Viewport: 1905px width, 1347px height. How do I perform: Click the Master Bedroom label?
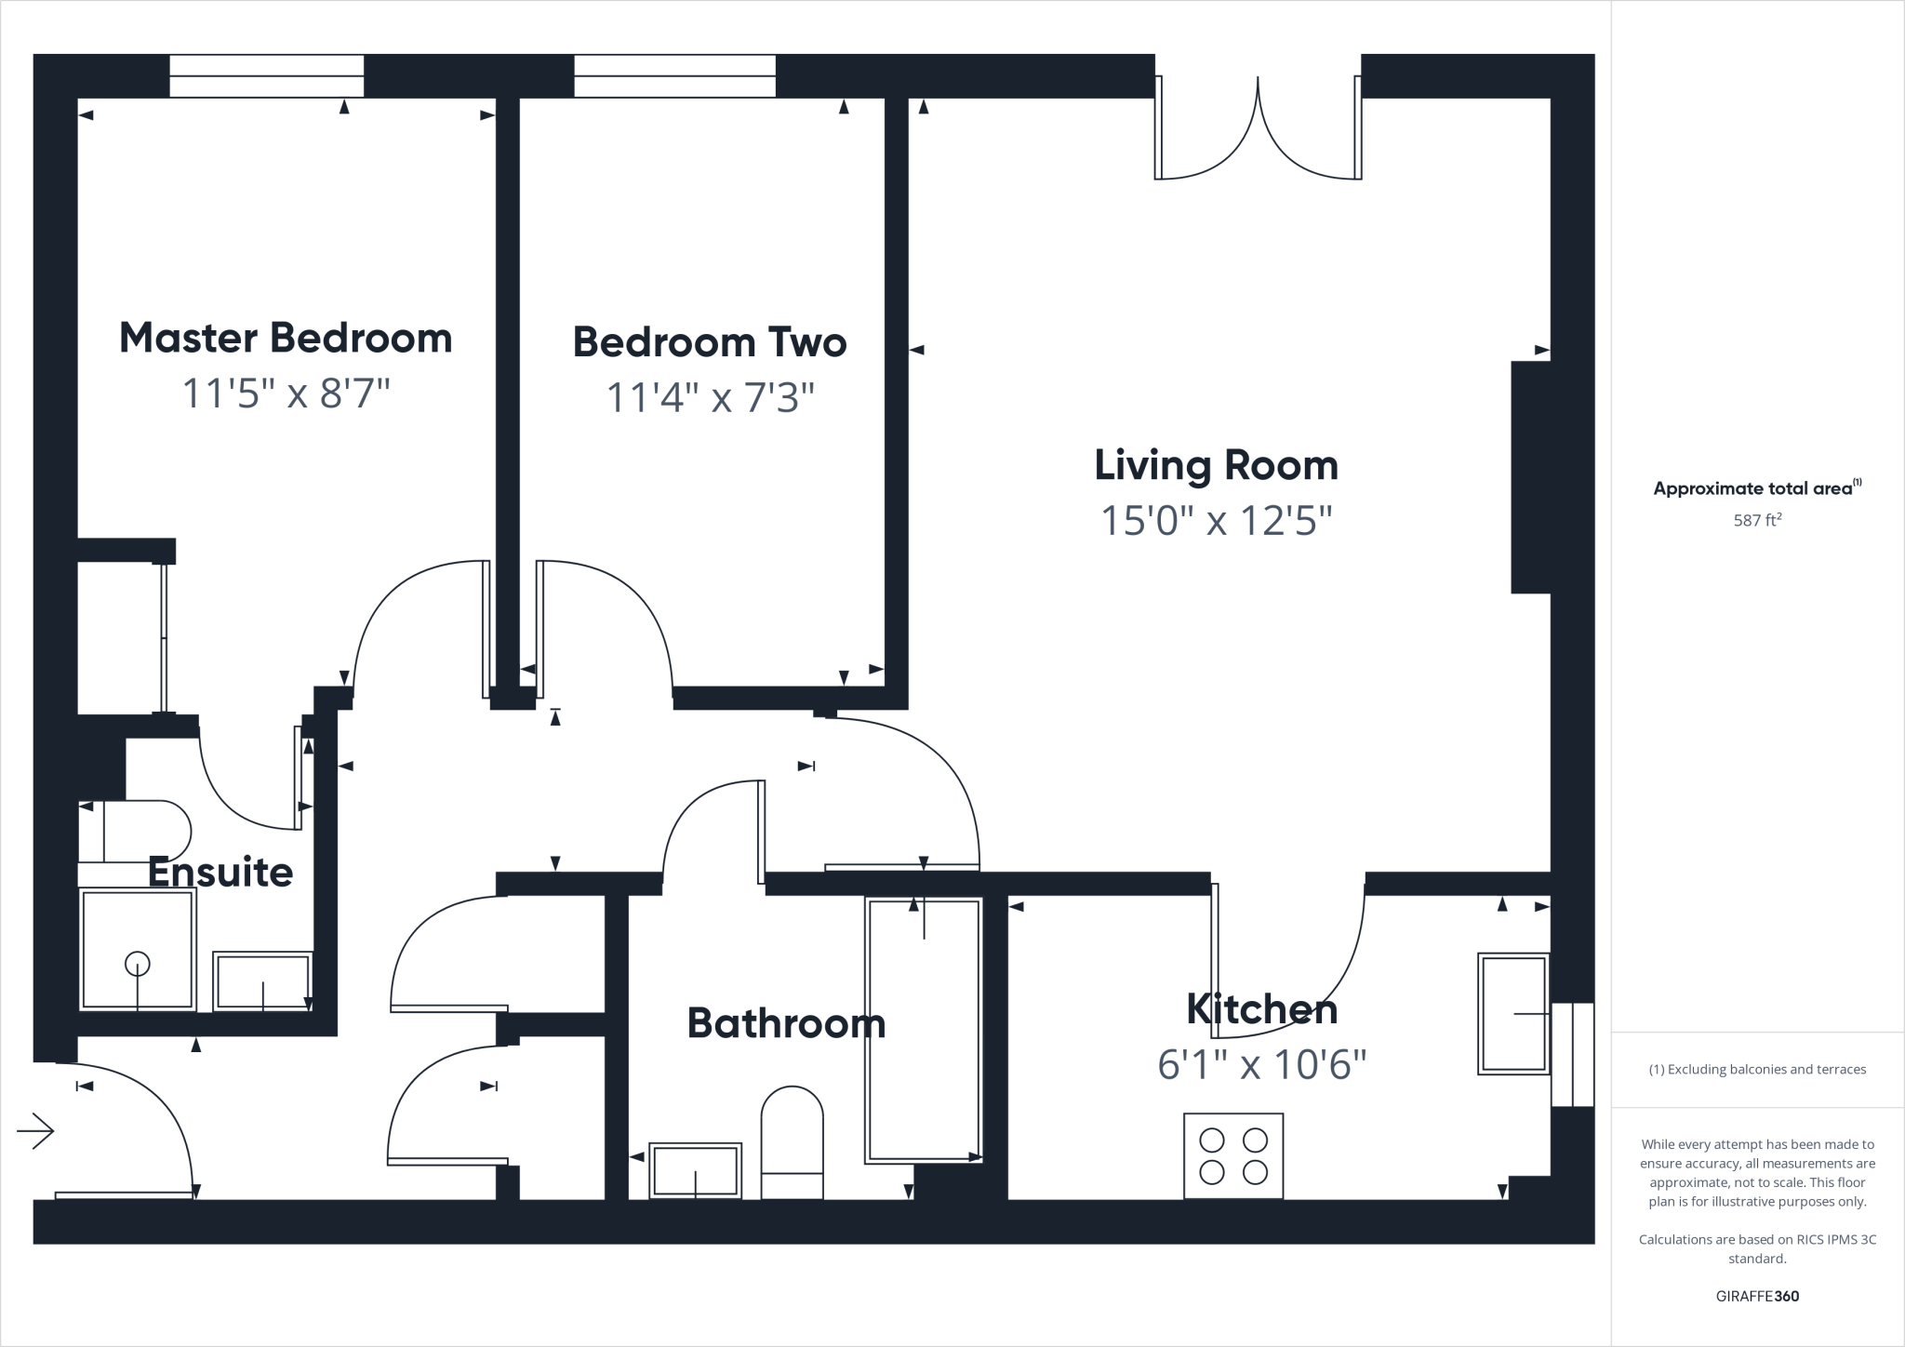point(286,338)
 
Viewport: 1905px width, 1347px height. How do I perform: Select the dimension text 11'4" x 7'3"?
point(710,398)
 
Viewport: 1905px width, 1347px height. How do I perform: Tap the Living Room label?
point(1216,465)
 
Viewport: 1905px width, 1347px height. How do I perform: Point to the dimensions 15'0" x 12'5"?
point(1216,521)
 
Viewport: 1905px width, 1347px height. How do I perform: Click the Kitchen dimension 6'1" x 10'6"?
point(1261,1064)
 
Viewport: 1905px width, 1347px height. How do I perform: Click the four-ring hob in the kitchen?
point(1233,1155)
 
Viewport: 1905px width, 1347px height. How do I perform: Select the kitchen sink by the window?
point(1513,1013)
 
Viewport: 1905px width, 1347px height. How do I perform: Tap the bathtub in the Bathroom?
point(924,1031)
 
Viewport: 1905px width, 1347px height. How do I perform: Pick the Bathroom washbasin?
point(695,1170)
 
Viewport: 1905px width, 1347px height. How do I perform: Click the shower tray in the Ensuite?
point(138,949)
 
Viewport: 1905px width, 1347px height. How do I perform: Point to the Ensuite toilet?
point(140,830)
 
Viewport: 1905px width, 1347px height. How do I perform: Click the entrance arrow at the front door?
point(35,1131)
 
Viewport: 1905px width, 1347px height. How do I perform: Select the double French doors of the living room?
point(1258,130)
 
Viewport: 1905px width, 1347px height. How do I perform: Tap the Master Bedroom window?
point(266,75)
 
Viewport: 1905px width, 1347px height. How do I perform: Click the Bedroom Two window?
point(674,75)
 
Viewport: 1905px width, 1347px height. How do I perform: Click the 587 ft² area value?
point(1756,521)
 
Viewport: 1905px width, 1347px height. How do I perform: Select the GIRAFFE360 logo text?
point(1756,1296)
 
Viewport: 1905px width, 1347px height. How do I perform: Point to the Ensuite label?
point(220,873)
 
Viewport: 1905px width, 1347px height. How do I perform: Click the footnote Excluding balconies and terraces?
point(1757,1069)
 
